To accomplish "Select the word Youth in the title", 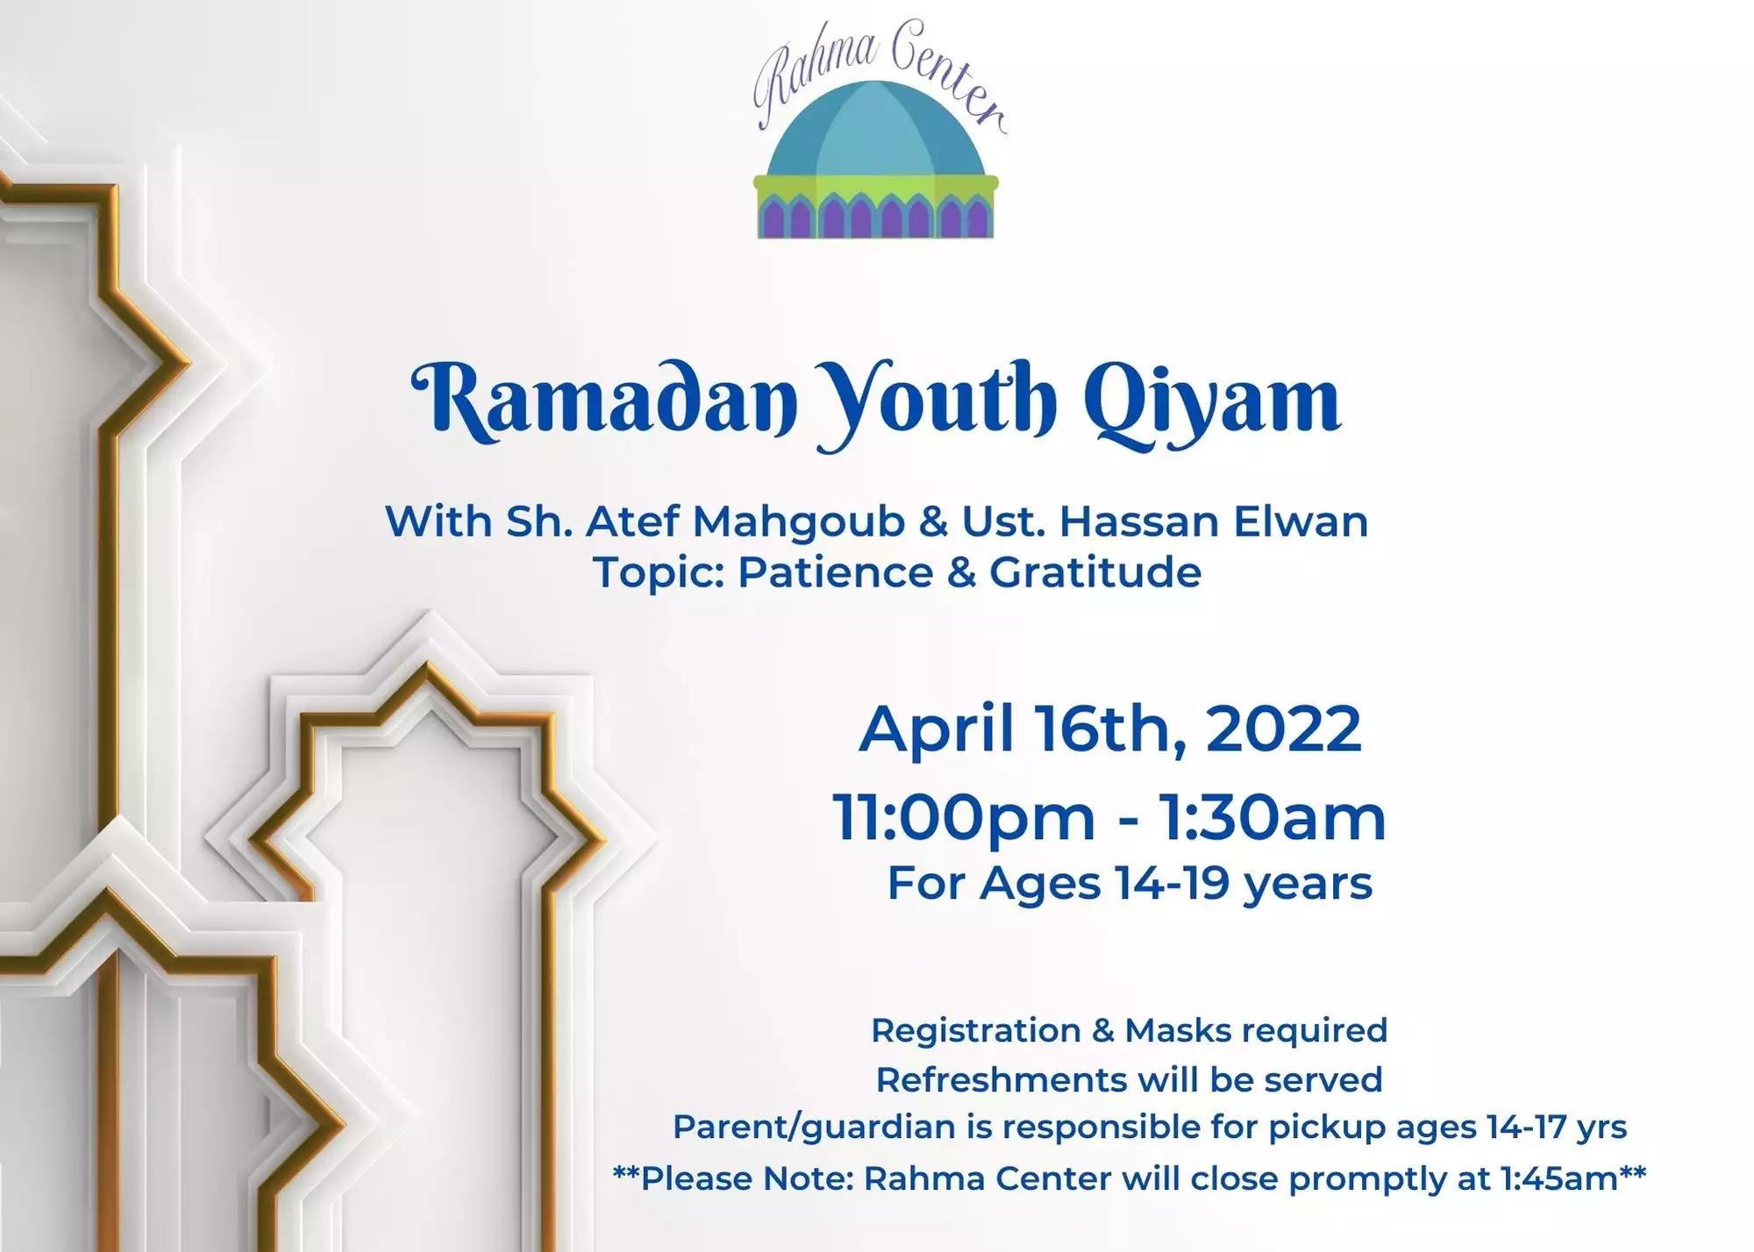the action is pyautogui.click(x=937, y=404).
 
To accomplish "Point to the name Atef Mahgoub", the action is pyautogui.click(x=745, y=523).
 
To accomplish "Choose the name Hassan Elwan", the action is pyautogui.click(x=1214, y=522).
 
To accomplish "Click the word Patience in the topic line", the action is pyautogui.click(x=836, y=573).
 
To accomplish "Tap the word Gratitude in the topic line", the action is pyautogui.click(x=1095, y=573).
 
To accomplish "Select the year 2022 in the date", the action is pyautogui.click(x=1283, y=729).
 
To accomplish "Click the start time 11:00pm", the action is pyautogui.click(x=964, y=818).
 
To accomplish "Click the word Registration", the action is pyautogui.click(x=976, y=1030).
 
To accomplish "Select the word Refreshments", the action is pyautogui.click(x=1002, y=1080).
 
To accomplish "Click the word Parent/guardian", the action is pyautogui.click(x=814, y=1128).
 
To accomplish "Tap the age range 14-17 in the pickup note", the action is pyautogui.click(x=1527, y=1128).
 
